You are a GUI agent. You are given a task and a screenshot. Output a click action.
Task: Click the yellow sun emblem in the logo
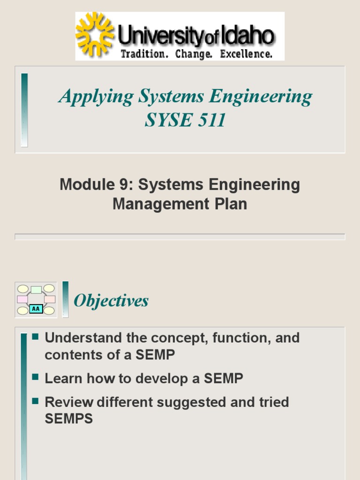point(95,34)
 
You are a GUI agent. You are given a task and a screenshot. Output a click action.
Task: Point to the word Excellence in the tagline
point(247,54)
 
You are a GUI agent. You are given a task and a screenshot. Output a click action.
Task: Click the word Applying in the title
point(96,97)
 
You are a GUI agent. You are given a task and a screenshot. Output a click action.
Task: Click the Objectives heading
point(112,301)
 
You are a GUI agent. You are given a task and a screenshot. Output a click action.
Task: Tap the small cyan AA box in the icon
point(36,309)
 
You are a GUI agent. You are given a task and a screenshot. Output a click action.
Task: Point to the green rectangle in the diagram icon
point(36,290)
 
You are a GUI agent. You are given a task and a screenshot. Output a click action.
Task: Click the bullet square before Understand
point(35,337)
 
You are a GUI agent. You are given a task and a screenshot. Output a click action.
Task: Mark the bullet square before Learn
point(35,377)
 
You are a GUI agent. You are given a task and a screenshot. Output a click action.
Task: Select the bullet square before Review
point(35,401)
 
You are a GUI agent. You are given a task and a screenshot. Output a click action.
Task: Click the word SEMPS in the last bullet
point(68,419)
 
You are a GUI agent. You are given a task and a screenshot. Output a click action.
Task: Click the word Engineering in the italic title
point(261,97)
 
